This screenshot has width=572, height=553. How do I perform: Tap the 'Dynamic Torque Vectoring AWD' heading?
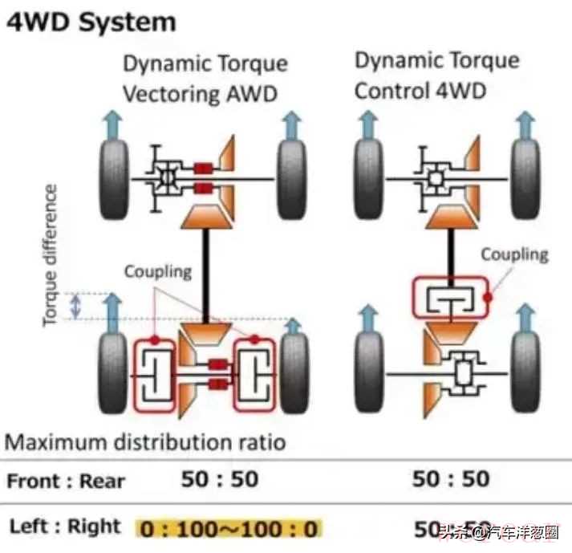pos(204,79)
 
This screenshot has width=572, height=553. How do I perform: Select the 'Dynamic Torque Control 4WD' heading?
pos(436,75)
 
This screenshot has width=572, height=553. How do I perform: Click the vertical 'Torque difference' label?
pos(51,254)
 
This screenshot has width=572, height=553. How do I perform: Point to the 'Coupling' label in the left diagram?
pos(157,271)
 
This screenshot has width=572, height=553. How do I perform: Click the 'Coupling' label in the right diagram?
pos(514,254)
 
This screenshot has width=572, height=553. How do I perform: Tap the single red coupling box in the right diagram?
pos(450,297)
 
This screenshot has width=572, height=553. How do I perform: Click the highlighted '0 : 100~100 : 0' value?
pos(229,528)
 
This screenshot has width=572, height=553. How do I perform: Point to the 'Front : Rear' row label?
pos(66,481)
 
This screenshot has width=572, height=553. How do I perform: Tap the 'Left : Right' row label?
pos(65,527)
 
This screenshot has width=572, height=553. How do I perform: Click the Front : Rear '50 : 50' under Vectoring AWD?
pos(220,479)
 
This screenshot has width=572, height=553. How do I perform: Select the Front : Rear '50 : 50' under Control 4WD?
pos(450,479)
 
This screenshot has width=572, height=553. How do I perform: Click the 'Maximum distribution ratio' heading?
pos(146,441)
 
